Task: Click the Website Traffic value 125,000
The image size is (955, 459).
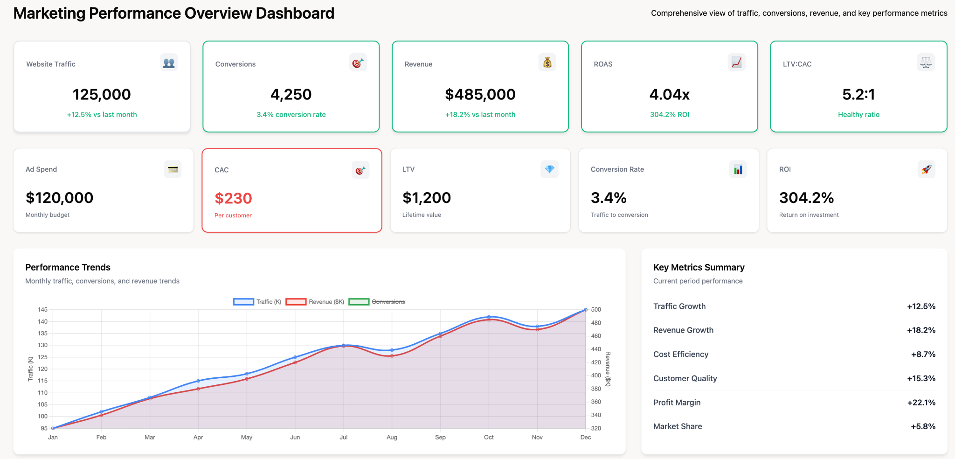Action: pos(102,95)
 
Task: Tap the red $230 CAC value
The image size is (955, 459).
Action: pos(233,199)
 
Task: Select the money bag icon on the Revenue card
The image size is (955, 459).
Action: pos(547,63)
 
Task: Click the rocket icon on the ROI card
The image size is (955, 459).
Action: pos(926,169)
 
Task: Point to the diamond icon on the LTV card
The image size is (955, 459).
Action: pos(549,169)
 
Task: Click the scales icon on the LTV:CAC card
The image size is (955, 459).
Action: pos(926,63)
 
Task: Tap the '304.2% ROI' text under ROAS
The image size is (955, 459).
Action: pos(669,115)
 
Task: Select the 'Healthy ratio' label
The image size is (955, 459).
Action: pos(858,115)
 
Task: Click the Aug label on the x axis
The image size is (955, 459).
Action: pos(392,438)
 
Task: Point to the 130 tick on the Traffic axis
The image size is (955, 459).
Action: pos(43,345)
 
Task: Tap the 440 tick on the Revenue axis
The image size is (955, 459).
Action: pos(596,349)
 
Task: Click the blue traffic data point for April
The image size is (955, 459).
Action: pos(198,381)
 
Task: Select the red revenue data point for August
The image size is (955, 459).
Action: pos(392,356)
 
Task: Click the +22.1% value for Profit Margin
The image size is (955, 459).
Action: pos(921,403)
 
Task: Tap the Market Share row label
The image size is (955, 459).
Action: pos(678,426)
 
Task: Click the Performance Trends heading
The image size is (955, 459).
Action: pos(68,267)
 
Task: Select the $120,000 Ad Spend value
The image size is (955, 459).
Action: pos(60,198)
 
